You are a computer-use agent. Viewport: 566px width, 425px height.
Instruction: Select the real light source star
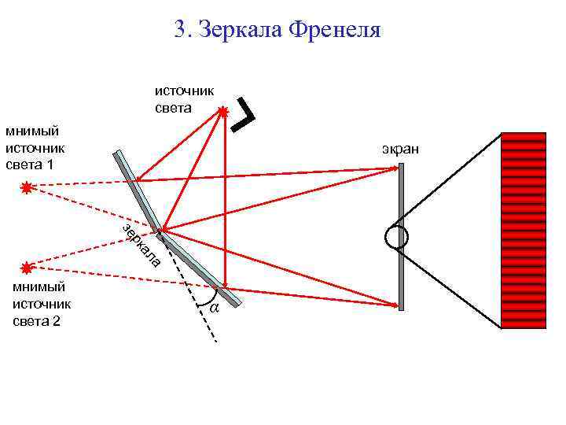pyautogui.click(x=223, y=113)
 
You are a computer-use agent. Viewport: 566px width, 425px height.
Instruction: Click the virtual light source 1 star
pyautogui.click(x=28, y=187)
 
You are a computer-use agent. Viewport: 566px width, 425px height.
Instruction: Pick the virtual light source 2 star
pyautogui.click(x=28, y=268)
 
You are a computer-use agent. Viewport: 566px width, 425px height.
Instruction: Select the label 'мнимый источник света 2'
pyautogui.click(x=43, y=304)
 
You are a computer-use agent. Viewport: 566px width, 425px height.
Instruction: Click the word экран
pyautogui.click(x=401, y=148)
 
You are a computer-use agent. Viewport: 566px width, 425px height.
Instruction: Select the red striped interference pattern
pyautogui.click(x=523, y=230)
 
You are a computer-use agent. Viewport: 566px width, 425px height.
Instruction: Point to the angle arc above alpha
pyautogui.click(x=212, y=297)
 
